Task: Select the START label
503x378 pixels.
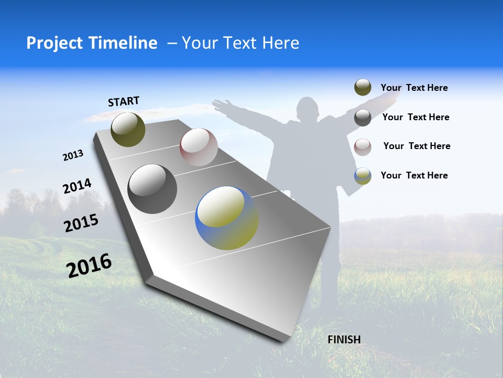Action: pos(124,101)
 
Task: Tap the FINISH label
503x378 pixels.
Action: pos(344,340)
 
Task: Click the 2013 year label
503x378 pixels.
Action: pos(73,155)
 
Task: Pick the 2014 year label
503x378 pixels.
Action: pos(77,186)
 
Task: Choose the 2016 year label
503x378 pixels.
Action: pos(89,265)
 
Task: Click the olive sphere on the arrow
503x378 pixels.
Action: pos(128,129)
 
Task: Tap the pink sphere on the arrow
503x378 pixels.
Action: pos(199,147)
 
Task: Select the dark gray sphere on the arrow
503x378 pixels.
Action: pos(152,189)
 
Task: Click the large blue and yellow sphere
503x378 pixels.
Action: pos(227,218)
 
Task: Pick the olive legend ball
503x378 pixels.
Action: pos(363,88)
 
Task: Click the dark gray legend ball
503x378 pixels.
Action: pos(363,118)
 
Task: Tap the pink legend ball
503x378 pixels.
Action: pos(363,146)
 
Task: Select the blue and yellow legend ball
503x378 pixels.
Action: pos(363,176)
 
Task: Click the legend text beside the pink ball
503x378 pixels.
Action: pos(417,146)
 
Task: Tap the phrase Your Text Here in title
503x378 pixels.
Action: pos(240,43)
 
